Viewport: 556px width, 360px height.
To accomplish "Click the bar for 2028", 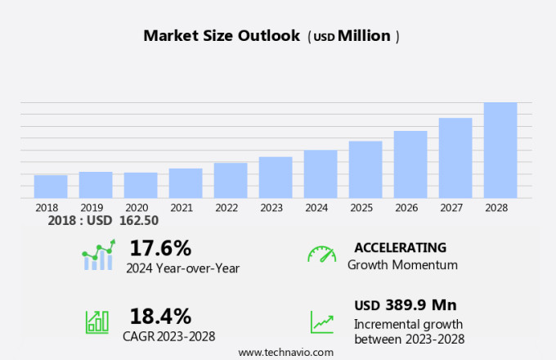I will click(x=500, y=150).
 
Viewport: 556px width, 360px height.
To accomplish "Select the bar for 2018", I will click(x=51, y=186).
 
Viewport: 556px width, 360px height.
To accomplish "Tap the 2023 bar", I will click(x=276, y=177).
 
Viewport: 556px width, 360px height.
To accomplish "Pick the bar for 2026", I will click(x=410, y=164).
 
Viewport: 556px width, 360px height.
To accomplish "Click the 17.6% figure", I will click(x=160, y=247).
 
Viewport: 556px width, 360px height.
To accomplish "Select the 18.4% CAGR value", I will click(x=160, y=316).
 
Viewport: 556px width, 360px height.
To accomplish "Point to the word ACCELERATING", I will click(x=401, y=247).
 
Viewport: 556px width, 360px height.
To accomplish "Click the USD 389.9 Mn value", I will click(x=405, y=305).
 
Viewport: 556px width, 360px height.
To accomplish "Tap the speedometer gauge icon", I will click(x=321, y=254).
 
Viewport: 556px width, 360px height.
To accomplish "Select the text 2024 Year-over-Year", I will click(x=183, y=268).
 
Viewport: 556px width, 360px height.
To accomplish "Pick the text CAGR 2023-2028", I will click(x=170, y=336).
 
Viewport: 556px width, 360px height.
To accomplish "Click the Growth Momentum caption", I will click(x=402, y=265).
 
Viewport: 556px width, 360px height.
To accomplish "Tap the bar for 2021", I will click(x=186, y=182).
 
